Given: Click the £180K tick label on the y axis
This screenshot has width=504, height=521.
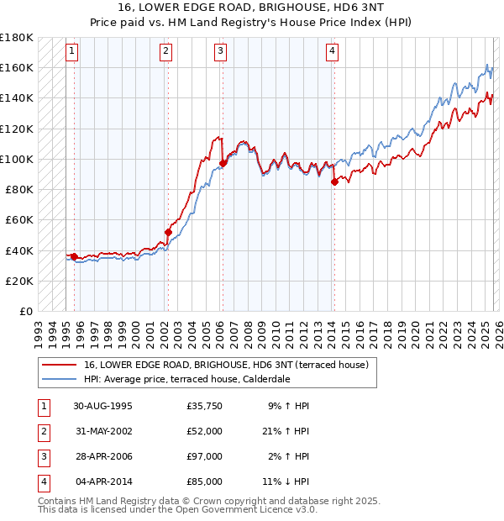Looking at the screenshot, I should (17, 38).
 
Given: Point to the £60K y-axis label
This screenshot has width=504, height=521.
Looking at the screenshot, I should (19, 220).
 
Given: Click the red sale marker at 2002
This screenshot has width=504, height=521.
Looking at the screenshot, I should (168, 232).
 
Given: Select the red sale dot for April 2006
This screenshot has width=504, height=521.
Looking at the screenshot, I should (223, 163).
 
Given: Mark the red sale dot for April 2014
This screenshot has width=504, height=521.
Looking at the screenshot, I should (334, 182).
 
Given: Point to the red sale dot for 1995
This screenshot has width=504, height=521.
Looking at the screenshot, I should (74, 256).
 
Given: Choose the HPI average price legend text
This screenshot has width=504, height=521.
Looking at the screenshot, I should (186, 379).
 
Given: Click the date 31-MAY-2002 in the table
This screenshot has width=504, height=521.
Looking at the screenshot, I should (102, 430).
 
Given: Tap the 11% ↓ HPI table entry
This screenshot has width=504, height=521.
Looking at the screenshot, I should (286, 482).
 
